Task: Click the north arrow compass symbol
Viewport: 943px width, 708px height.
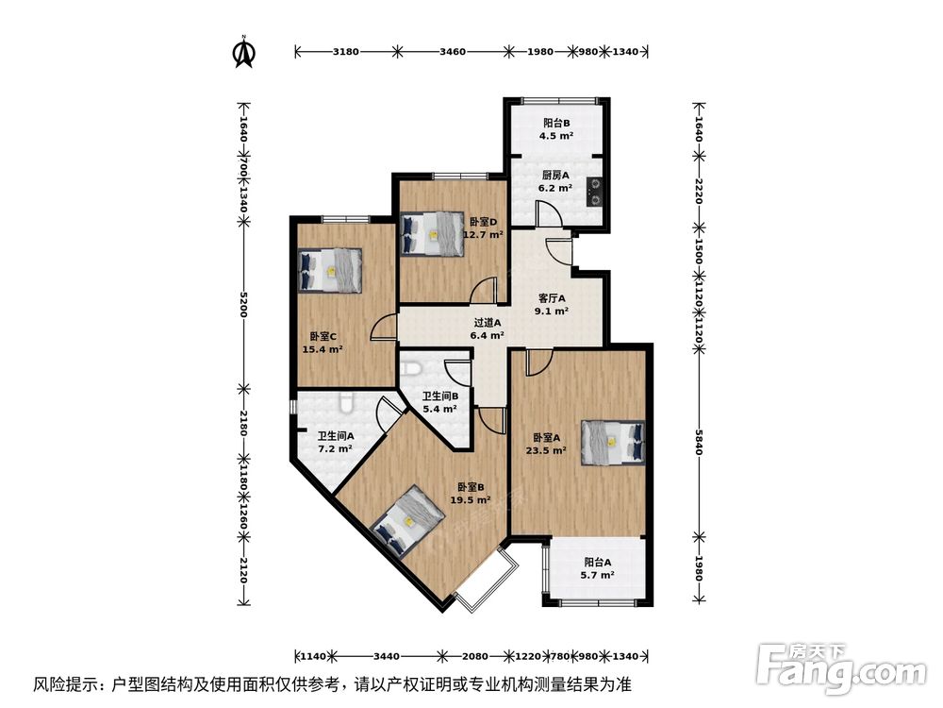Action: click(x=244, y=52)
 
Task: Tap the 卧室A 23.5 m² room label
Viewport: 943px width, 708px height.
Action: click(x=547, y=444)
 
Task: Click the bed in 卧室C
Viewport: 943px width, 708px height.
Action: click(x=330, y=269)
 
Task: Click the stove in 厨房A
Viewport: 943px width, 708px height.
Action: click(x=595, y=191)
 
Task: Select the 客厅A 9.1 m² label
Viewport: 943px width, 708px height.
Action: click(x=552, y=304)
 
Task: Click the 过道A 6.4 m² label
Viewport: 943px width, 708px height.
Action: click(x=488, y=328)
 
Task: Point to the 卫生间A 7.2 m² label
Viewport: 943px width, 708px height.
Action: click(x=335, y=442)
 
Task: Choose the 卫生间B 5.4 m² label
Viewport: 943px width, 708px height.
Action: click(x=439, y=403)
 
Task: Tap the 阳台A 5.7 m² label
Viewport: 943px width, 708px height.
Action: click(x=598, y=567)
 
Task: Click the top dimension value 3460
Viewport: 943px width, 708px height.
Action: click(x=453, y=51)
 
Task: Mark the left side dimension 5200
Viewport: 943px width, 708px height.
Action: click(x=243, y=304)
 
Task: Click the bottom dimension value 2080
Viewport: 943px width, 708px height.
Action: click(x=475, y=656)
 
